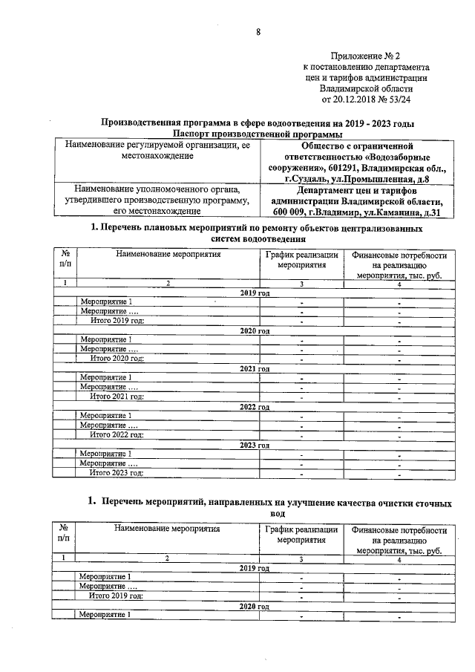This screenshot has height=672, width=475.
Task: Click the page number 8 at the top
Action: pyautogui.click(x=258, y=30)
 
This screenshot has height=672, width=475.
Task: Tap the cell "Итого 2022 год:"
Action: pyautogui.click(x=117, y=434)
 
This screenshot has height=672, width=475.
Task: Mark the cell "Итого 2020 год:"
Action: pyautogui.click(x=117, y=358)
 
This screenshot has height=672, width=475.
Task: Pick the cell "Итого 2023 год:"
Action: pyautogui.click(x=117, y=472)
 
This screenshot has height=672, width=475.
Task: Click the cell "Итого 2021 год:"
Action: pyautogui.click(x=117, y=397)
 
